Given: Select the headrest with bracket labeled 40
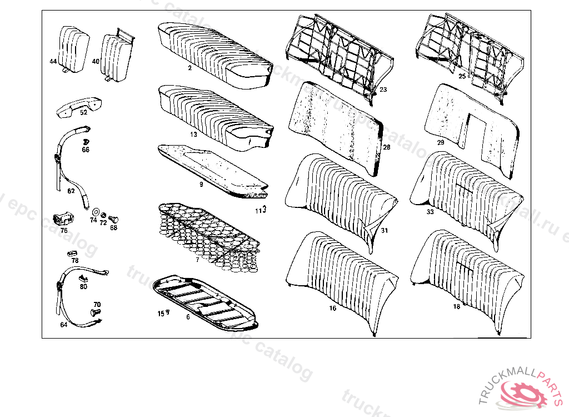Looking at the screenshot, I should [117, 56].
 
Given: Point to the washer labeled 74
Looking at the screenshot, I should [94, 212].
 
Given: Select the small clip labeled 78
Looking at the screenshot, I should [72, 253].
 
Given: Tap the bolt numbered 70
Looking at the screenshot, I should [94, 314].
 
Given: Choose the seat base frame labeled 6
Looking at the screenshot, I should [206, 300].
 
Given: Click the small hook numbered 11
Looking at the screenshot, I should [264, 210].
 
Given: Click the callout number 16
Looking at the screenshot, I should [333, 308].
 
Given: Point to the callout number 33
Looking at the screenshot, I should [430, 212].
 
